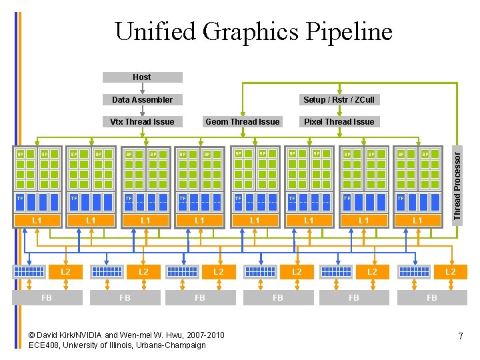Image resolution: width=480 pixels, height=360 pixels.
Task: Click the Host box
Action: (x=142, y=77)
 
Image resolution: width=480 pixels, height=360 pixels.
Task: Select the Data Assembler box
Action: (x=142, y=100)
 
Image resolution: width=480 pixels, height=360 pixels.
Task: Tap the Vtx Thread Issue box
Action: (x=142, y=121)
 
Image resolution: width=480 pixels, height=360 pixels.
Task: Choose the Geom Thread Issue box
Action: (x=243, y=121)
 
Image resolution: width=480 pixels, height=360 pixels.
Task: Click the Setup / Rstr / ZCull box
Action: (x=339, y=100)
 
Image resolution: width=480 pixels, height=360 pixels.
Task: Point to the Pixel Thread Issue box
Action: (x=339, y=121)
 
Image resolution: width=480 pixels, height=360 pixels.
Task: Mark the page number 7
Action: (x=461, y=337)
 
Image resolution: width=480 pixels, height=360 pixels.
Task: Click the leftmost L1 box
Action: (x=37, y=220)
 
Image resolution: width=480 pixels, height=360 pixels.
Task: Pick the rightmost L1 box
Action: (x=417, y=220)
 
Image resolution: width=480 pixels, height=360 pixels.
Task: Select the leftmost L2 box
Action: (x=65, y=271)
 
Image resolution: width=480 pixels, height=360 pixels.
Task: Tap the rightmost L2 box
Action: (x=450, y=271)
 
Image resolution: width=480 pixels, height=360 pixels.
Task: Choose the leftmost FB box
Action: (x=47, y=297)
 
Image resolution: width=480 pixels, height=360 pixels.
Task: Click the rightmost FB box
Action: (x=432, y=297)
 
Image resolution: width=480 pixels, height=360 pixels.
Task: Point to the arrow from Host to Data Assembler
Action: (x=142, y=88)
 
